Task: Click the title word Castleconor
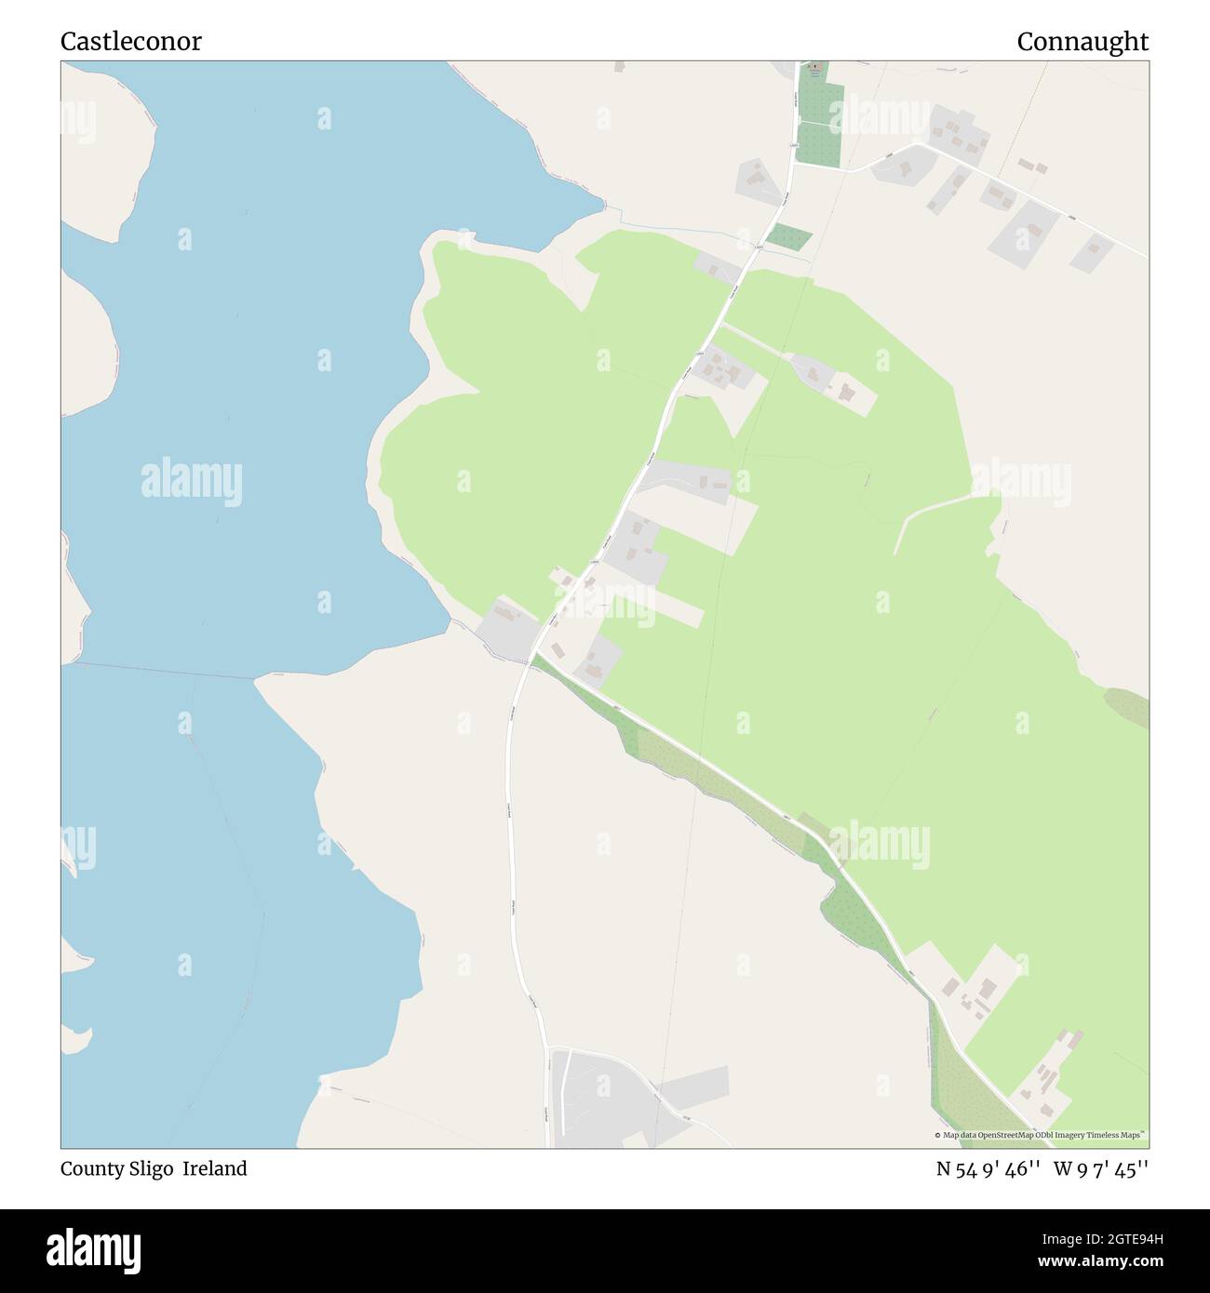pos(130,42)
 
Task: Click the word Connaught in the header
pos(1082,42)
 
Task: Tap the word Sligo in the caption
pos(149,1169)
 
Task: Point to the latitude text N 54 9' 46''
pos(988,1169)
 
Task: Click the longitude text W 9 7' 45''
pos(1101,1169)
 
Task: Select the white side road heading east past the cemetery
pos(1024,191)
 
